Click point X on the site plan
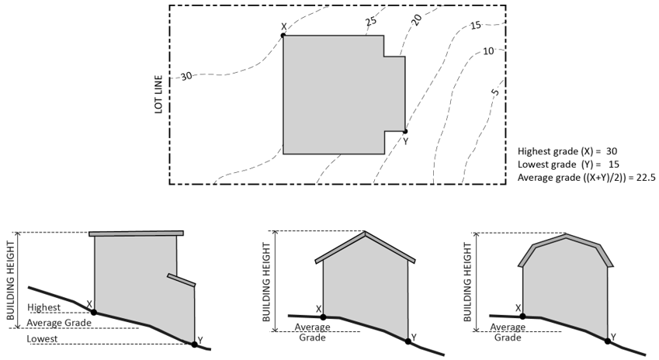point(283,35)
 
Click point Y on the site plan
point(405,132)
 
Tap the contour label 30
point(186,76)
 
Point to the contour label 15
point(476,26)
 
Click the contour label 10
point(488,51)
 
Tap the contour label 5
point(495,93)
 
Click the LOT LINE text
point(158,95)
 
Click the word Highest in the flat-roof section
point(43,307)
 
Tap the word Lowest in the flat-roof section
point(42,339)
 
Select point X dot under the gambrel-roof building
point(523,317)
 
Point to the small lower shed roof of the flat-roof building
point(181,280)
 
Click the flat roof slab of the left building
point(137,233)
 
